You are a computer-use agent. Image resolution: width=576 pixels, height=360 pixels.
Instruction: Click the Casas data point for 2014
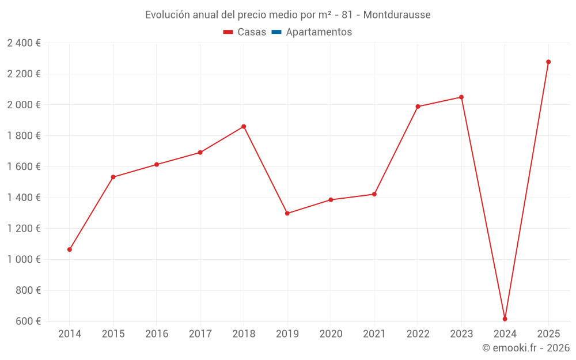70,249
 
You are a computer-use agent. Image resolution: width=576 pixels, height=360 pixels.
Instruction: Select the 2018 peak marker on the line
244,127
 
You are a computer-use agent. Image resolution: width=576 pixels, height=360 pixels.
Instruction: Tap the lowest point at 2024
505,319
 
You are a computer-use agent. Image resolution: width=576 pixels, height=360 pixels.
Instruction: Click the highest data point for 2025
548,62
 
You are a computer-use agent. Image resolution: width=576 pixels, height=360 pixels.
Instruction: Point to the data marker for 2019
287,214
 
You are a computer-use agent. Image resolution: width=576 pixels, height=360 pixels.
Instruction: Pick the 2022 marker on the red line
418,107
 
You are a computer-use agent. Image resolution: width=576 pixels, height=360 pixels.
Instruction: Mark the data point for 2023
461,97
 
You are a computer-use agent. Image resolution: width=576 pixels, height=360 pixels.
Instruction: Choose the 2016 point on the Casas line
157,165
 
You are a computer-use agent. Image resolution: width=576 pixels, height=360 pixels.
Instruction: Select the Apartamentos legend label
319,32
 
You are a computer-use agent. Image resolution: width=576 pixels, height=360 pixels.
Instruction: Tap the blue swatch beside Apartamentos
276,32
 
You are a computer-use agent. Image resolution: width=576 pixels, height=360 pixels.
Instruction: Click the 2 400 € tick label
24,43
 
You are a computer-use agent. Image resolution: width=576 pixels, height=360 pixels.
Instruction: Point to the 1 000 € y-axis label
24,260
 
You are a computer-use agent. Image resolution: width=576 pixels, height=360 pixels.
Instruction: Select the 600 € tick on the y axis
27,321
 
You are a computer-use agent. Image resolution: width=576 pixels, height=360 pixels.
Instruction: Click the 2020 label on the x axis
331,334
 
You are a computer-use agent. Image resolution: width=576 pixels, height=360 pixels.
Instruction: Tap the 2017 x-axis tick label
200,334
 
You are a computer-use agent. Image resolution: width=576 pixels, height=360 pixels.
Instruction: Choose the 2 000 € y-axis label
24,105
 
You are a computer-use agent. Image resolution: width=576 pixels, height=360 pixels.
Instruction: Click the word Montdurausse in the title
396,14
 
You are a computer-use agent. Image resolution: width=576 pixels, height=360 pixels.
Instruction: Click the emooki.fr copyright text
526,348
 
